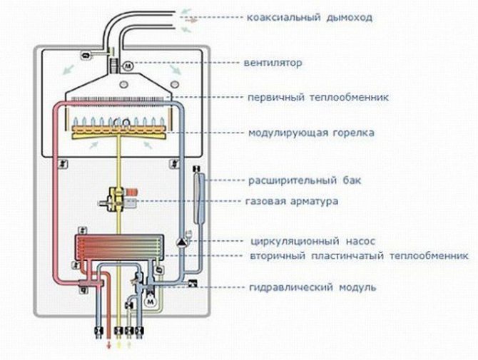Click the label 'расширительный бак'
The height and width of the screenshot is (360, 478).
coord(305,180)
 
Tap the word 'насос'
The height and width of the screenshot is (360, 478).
coord(355,241)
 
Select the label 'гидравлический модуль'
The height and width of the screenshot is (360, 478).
coord(308,287)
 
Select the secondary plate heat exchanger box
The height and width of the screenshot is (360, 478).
coord(117,250)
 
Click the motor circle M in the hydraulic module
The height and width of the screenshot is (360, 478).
coord(151,302)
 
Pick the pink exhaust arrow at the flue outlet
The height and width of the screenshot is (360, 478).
coord(193,21)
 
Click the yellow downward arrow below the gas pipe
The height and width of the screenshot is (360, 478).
coord(118,345)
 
